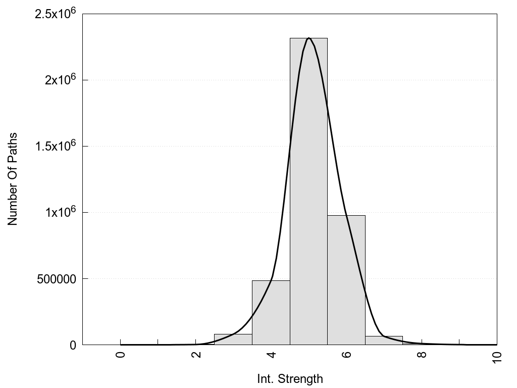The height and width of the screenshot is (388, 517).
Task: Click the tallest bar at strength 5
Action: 308,192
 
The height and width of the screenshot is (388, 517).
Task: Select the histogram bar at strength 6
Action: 346,280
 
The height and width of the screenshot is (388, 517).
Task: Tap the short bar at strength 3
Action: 233,339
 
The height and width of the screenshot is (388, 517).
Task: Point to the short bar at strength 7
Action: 384,341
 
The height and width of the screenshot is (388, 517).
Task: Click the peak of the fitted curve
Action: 309,38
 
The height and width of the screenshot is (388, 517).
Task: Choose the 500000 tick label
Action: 56,279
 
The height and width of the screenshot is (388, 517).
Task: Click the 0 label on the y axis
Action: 73,345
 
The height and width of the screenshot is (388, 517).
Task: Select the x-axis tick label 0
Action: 120,354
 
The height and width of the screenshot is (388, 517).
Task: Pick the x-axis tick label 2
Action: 196,354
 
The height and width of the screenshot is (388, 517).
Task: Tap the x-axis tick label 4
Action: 271,354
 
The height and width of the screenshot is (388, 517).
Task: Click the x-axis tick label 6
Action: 346,354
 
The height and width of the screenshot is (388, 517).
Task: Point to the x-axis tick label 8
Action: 422,354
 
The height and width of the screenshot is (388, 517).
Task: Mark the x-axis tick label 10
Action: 497,356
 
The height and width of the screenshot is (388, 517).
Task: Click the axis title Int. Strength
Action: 290,378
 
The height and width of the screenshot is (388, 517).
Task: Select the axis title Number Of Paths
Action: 13,179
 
